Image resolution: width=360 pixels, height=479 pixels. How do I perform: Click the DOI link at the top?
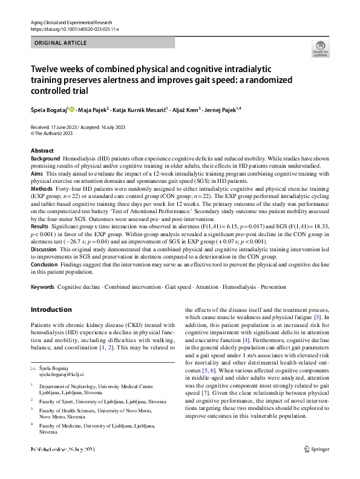tap(74, 28)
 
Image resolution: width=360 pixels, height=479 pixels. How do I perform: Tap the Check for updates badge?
tap(320, 48)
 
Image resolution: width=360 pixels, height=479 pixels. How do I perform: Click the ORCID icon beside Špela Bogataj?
tap(72, 110)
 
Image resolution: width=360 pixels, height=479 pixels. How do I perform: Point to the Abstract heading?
tap(42, 151)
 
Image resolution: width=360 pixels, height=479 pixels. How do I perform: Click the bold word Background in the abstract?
tap(45, 157)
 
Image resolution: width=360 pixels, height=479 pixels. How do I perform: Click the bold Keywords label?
tap(42, 287)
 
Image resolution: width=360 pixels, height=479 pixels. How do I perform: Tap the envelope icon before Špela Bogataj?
tap(33, 368)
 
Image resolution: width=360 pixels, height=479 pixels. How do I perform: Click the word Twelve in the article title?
tap(47, 70)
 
